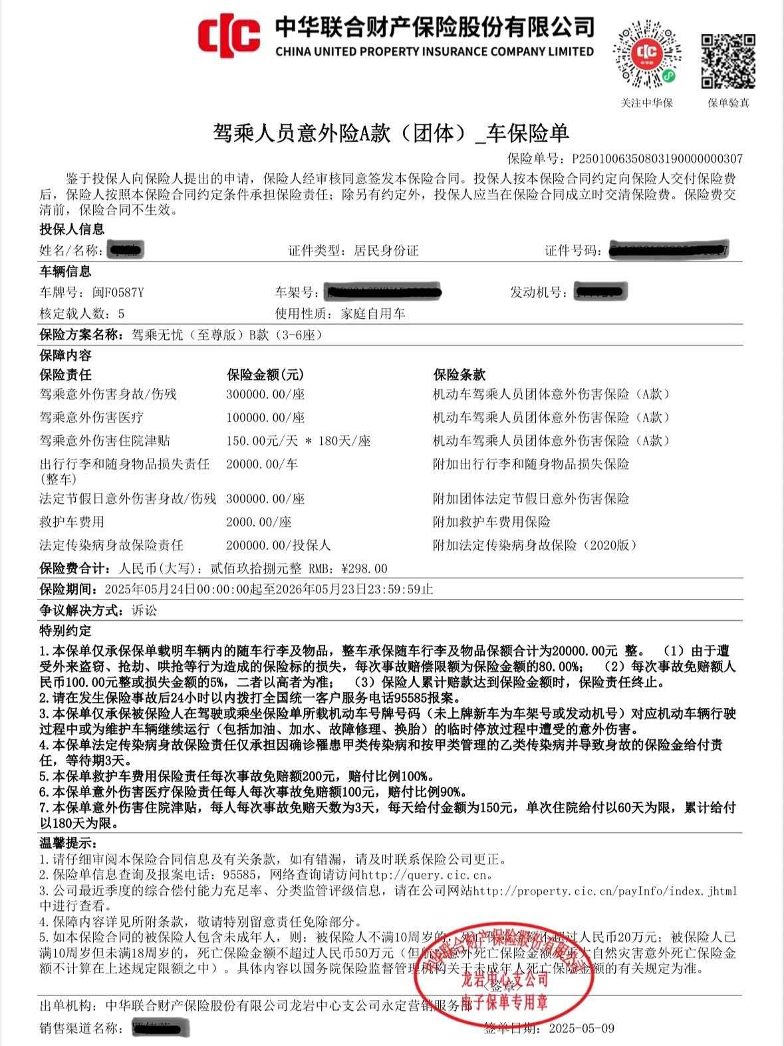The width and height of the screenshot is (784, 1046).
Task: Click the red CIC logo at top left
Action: (228, 37)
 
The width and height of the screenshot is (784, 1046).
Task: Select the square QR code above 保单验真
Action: (728, 61)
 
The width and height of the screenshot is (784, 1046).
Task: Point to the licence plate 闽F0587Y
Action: (118, 293)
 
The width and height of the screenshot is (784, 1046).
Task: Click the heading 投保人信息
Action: (72, 230)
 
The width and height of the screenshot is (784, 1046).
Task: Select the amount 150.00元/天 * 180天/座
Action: (298, 441)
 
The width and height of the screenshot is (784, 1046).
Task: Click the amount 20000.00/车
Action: (261, 464)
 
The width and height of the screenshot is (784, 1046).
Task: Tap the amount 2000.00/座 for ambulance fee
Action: (259, 522)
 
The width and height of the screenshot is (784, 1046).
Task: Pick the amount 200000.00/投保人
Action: (278, 546)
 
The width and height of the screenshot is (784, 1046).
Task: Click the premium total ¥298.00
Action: (364, 569)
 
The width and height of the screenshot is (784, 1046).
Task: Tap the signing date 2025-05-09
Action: (581, 1028)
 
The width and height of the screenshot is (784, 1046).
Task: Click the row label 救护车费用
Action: (72, 522)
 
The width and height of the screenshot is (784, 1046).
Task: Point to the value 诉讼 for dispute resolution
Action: (144, 610)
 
